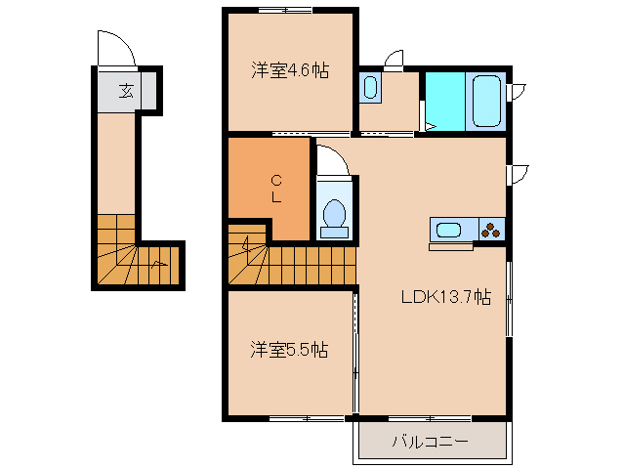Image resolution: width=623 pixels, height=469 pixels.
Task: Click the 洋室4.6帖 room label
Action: click(289, 70)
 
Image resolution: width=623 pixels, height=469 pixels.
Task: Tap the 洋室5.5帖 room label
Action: click(288, 349)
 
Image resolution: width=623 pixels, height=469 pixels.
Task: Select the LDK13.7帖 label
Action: click(445, 299)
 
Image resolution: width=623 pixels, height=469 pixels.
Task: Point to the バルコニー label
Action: click(431, 442)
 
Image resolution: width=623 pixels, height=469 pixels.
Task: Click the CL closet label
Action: click(276, 188)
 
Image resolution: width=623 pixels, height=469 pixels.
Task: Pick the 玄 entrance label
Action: click(126, 92)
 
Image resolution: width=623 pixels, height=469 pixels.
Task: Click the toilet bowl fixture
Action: click(335, 214)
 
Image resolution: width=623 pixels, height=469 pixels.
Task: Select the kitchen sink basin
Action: click(448, 231)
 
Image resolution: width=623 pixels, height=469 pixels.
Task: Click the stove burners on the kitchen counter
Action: click(491, 231)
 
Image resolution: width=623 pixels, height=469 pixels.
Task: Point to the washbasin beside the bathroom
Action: click(369, 88)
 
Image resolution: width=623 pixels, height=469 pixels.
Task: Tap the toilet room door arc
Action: click(330, 160)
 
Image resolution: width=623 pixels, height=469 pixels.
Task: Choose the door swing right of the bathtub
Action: click(518, 92)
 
